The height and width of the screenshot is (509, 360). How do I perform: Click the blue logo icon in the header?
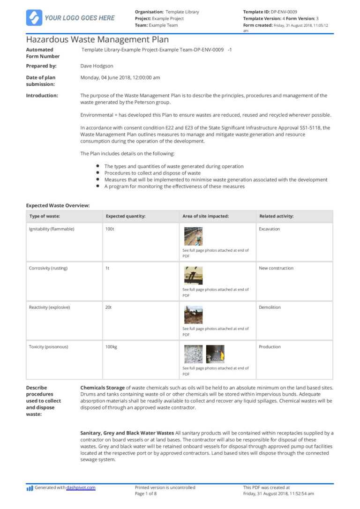pos(34,18)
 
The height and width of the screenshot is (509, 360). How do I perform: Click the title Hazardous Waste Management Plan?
pos(97,40)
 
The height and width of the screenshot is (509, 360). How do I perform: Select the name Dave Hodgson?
pos(97,66)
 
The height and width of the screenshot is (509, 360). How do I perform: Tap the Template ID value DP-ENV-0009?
pos(284,12)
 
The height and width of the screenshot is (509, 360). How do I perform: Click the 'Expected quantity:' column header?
pos(125,216)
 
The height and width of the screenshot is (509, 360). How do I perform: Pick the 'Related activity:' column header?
pos(276,216)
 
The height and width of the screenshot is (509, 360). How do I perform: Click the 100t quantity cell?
pos(110,229)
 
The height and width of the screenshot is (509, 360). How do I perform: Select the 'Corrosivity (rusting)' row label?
pos(48,268)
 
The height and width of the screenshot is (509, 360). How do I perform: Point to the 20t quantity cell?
pos(109,307)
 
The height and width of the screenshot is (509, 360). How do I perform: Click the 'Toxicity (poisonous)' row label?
pos(48,347)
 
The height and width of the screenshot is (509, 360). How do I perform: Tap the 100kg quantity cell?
pos(112,347)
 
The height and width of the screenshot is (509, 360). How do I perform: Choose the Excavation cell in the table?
pos(269,229)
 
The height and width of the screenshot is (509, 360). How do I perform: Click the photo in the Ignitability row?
pos(193,236)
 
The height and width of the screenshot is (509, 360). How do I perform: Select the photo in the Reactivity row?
pos(193,314)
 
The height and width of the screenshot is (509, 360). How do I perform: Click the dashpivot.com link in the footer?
pos(81,487)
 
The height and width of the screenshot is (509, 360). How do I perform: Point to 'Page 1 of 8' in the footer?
pos(146,494)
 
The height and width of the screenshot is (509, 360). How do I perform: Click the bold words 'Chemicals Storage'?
pos(102,388)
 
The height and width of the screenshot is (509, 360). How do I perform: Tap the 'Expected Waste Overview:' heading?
pos(58,205)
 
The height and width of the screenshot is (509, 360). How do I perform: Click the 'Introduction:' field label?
pos(42,96)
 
